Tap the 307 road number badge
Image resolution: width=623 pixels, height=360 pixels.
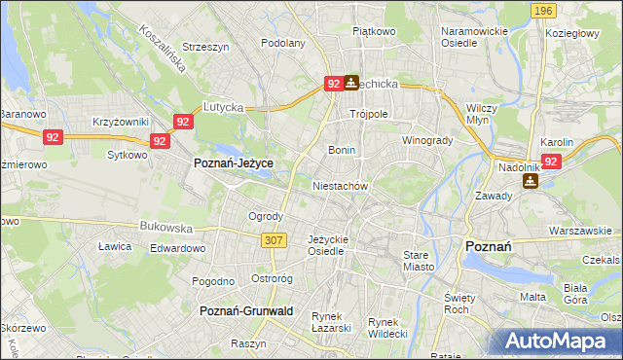273,238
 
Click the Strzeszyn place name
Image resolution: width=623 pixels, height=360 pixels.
205,47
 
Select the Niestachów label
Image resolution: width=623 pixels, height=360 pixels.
340,185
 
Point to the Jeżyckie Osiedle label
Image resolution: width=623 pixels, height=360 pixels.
326,245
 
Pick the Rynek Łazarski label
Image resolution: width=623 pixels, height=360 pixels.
331,323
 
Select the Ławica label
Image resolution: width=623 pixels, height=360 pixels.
115,246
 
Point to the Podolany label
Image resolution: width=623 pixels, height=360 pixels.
283,43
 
